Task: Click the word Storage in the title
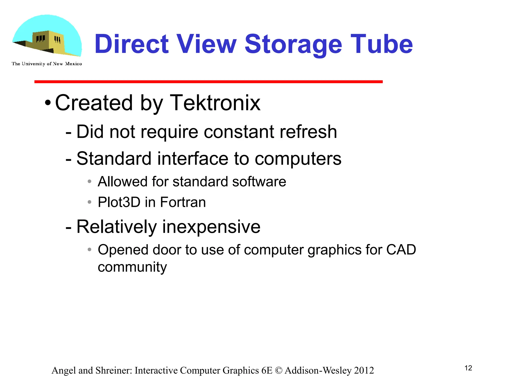293,44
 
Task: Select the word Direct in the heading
132,44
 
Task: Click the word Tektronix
215,103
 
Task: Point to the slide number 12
468,368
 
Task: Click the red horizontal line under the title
209,82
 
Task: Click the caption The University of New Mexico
47,64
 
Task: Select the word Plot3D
119,202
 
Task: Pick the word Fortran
183,202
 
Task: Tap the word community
132,267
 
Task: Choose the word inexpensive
211,227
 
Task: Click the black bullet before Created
48,103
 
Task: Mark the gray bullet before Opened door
89,250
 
